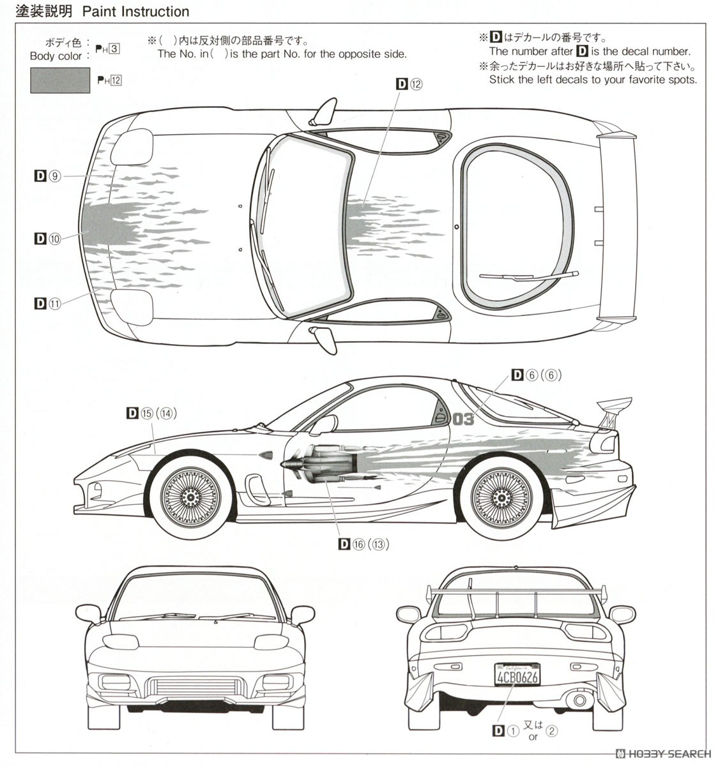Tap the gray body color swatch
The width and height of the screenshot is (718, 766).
[60, 80]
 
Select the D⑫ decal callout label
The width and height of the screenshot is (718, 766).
[409, 84]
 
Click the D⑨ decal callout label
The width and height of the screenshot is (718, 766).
[47, 176]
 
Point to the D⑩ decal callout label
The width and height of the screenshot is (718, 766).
[47, 239]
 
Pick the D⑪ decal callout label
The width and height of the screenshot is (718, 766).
[47, 303]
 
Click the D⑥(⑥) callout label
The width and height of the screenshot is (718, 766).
[536, 375]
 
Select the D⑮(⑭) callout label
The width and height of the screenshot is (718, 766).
[151, 413]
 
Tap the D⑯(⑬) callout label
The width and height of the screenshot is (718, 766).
[363, 544]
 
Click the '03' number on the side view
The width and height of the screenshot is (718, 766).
[464, 419]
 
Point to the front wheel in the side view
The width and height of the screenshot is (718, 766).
[190, 495]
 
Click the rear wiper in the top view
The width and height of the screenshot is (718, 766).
[528, 276]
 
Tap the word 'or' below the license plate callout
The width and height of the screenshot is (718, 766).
[533, 737]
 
